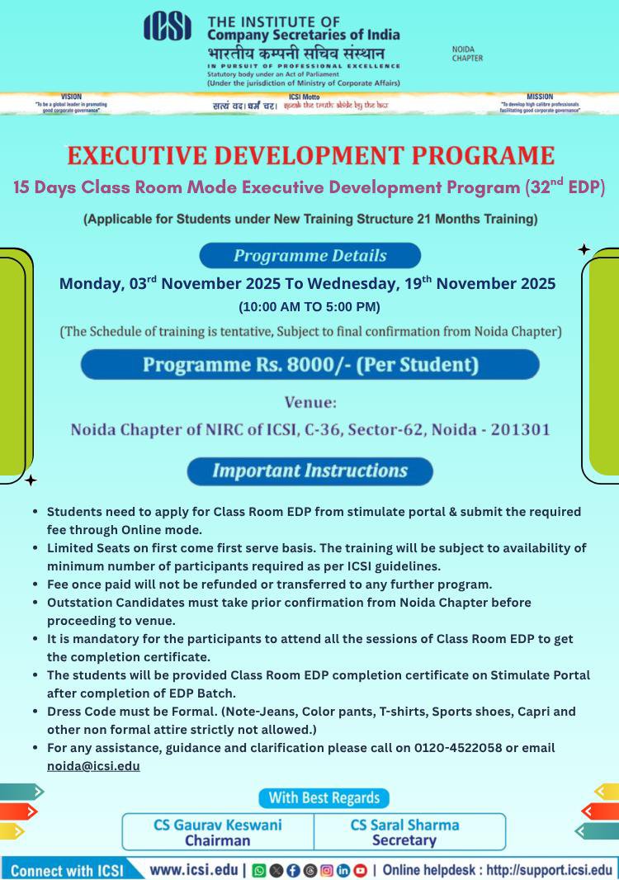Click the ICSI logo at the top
click(168, 27)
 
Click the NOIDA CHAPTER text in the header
click(467, 54)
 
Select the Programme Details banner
click(309, 255)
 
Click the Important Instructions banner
click(309, 471)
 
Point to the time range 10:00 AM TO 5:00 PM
click(309, 307)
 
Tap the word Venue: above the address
click(310, 403)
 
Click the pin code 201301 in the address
click(522, 429)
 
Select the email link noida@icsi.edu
click(93, 766)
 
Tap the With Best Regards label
click(324, 797)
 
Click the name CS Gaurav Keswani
click(218, 825)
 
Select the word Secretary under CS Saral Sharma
click(404, 840)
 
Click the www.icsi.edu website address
click(194, 870)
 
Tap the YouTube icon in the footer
click(360, 871)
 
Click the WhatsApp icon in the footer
click(259, 871)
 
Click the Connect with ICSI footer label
click(66, 871)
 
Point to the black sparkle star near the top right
click(584, 249)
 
